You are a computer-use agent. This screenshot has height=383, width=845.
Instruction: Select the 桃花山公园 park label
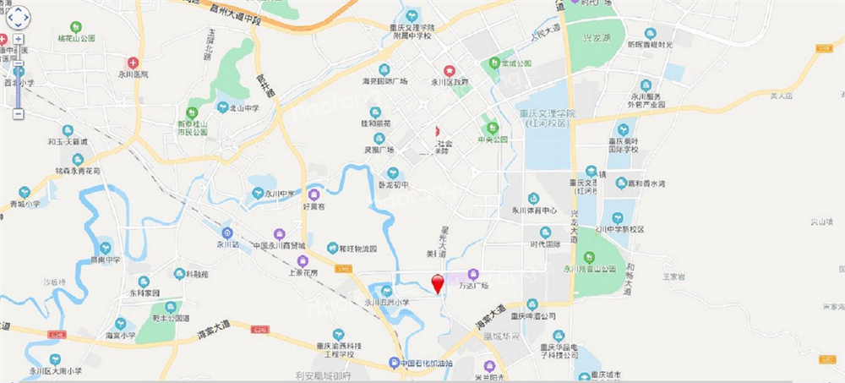76,39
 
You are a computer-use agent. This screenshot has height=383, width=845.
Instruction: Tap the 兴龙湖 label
595,38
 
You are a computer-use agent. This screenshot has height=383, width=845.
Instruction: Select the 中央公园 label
492,139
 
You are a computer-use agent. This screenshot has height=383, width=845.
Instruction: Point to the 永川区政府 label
450,82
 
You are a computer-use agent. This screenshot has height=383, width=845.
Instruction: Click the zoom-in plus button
19,39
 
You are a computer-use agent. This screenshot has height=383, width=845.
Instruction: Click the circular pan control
18,16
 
